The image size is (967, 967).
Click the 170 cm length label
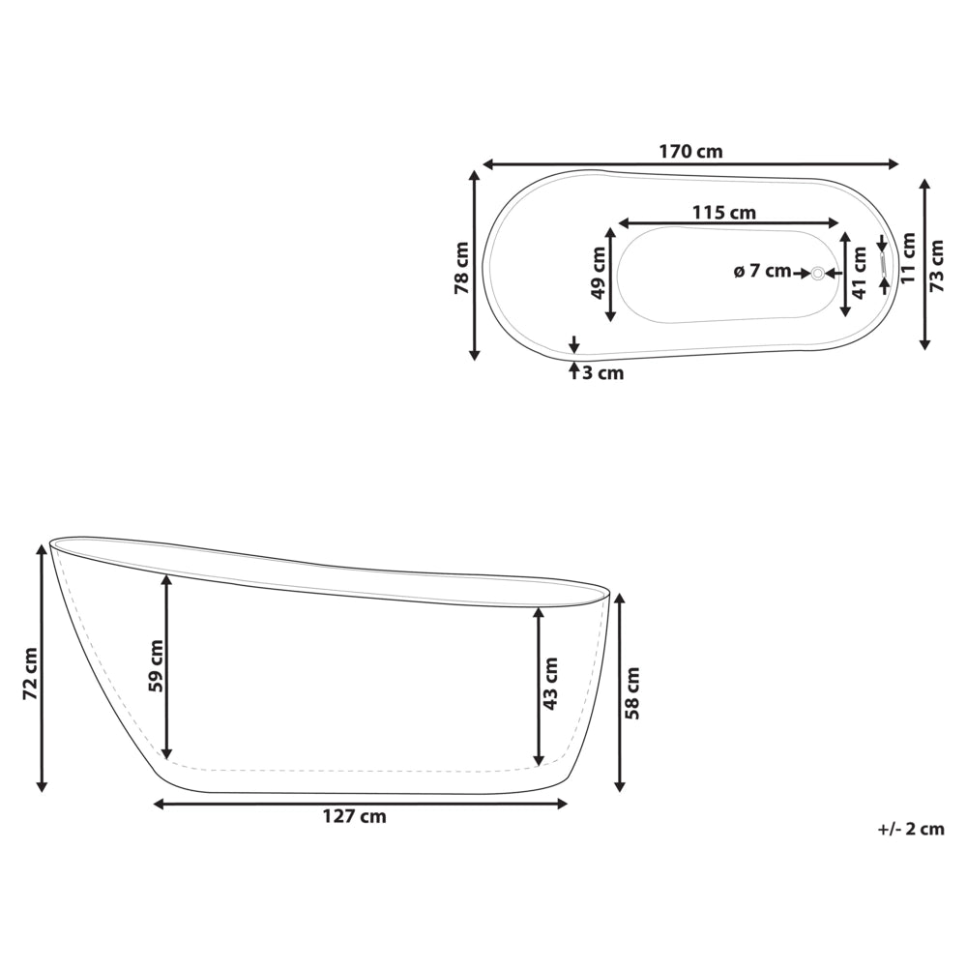tap(690, 151)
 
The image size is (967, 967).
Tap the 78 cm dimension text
tap(462, 268)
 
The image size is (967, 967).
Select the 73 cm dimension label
tap(937, 266)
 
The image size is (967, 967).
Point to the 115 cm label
tap(724, 213)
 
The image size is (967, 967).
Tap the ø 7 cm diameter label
tap(762, 271)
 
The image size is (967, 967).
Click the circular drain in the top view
tap(818, 273)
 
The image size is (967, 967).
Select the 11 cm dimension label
tap(907, 258)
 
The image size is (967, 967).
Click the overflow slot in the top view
tap(882, 262)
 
